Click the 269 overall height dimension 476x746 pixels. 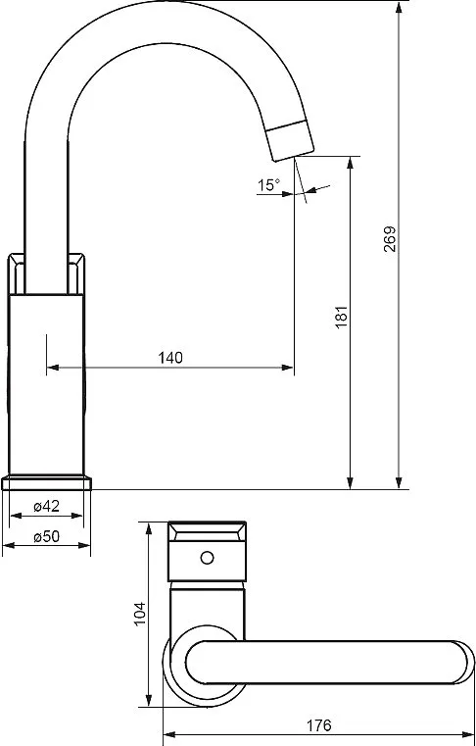pos(390,239)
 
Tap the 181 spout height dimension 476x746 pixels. pos(342,316)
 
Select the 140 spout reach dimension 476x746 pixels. pos(170,357)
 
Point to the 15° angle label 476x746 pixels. pos(269,184)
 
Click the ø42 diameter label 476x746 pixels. pos(46,506)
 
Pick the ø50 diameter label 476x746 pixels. pos(46,536)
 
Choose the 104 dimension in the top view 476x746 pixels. pos(139,614)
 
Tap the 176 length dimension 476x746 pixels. pos(318,725)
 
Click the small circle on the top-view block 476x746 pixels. pos(207,557)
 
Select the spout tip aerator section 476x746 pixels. pos(290,140)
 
